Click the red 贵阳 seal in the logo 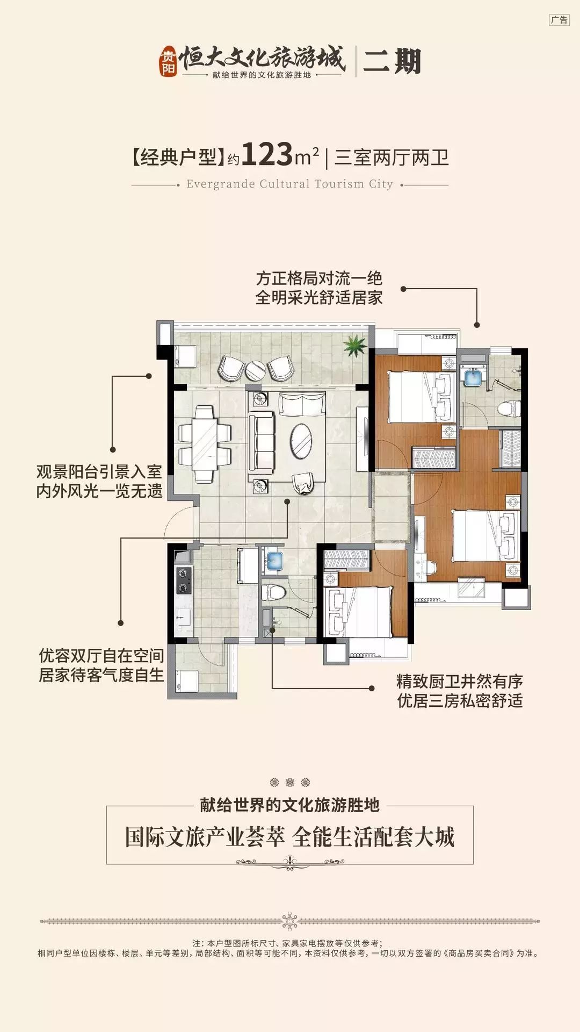tap(168, 61)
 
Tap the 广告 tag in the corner tap(559, 20)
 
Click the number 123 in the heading tap(266, 155)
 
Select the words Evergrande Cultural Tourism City tap(289, 184)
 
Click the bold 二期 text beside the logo tap(392, 61)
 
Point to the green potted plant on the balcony tap(355, 346)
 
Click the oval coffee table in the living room tap(301, 441)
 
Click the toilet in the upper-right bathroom tap(508, 409)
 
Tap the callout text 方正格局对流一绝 tap(319, 278)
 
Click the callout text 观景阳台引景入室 tap(99, 471)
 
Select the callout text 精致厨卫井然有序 tap(460, 681)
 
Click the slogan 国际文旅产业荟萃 tap(205, 837)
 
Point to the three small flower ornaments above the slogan tap(290, 782)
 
